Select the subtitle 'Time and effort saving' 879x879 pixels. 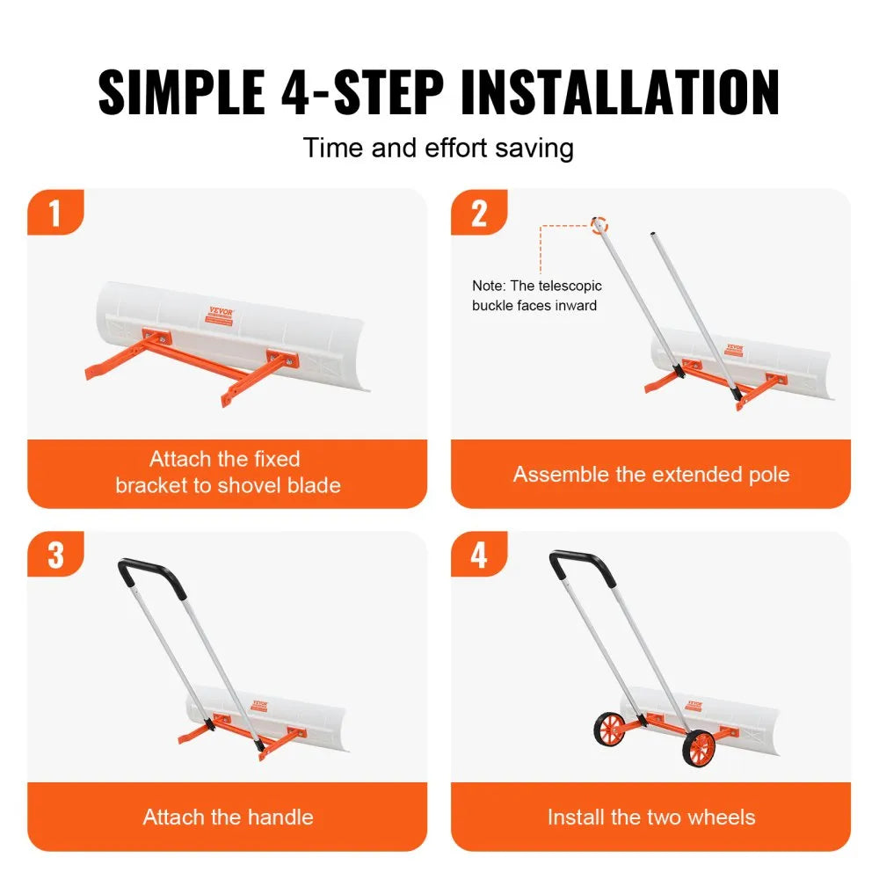pos(438,147)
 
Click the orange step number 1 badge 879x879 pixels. pos(54,213)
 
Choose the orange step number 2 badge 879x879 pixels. pos(478,213)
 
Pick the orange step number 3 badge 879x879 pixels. pos(54,555)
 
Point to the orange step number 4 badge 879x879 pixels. pos(478,555)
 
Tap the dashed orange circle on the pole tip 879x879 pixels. pos(599,224)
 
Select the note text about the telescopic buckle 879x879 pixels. pos(536,295)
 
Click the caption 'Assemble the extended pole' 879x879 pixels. pos(650,475)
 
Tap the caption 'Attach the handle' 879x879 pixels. pos(228,817)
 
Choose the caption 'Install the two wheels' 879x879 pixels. pos(650,817)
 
